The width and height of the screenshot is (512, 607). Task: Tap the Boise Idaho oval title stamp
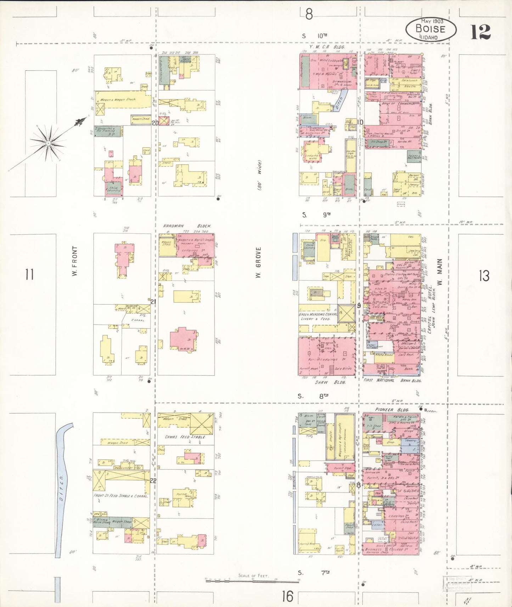tap(431, 29)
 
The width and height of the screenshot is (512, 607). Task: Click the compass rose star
tap(48, 143)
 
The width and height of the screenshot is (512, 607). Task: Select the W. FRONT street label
tap(74, 261)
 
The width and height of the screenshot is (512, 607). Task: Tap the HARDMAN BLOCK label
tap(187, 226)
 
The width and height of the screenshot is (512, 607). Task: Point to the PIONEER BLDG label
tap(392, 409)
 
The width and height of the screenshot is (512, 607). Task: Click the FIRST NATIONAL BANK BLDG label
tap(392, 380)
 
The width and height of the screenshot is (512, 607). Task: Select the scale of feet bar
tap(252, 581)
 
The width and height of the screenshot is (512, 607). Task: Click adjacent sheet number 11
tap(29, 274)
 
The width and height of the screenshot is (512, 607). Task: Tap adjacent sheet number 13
tap(484, 276)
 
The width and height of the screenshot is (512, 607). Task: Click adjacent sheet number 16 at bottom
tap(288, 596)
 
